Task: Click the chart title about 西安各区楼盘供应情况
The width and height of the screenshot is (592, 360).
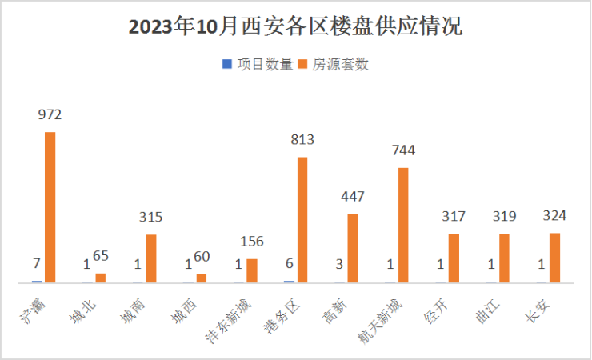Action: tap(295, 26)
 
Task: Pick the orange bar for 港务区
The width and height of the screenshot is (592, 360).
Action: tap(302, 219)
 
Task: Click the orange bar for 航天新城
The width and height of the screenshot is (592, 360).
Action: tap(403, 225)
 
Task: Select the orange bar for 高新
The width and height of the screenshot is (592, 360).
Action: tap(353, 248)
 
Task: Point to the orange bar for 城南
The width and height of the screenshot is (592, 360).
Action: tap(150, 258)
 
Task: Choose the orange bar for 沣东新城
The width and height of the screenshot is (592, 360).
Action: tap(251, 270)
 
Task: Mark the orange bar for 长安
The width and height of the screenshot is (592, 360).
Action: tap(554, 258)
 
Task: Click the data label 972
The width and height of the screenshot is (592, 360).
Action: tap(50, 114)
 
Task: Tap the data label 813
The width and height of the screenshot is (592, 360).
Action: tap(302, 140)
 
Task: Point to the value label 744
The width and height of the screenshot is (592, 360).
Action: tap(403, 150)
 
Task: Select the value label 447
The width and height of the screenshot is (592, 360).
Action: tap(353, 197)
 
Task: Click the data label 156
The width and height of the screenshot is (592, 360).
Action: tap(251, 242)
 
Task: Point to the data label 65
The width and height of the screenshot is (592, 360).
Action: tap(100, 256)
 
